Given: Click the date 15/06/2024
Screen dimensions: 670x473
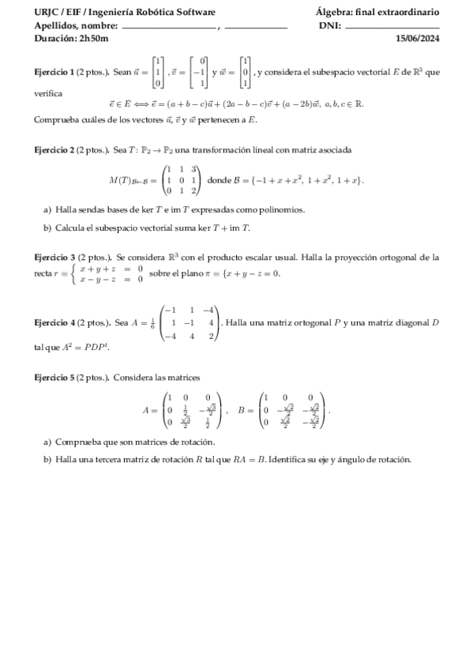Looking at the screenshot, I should [418, 38].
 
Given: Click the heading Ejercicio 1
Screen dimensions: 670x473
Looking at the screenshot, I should [57, 72].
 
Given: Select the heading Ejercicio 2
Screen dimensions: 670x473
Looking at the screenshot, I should [57, 149].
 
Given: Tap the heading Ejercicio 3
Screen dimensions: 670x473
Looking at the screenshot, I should [57, 258].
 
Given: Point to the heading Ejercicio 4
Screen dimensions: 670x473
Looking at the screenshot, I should [57, 322].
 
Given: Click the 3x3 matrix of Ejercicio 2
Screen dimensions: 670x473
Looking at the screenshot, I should [182, 180].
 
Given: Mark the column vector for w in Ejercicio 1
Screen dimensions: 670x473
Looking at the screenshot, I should [246, 72].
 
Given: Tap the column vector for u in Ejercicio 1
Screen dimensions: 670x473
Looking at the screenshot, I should [158, 72].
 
